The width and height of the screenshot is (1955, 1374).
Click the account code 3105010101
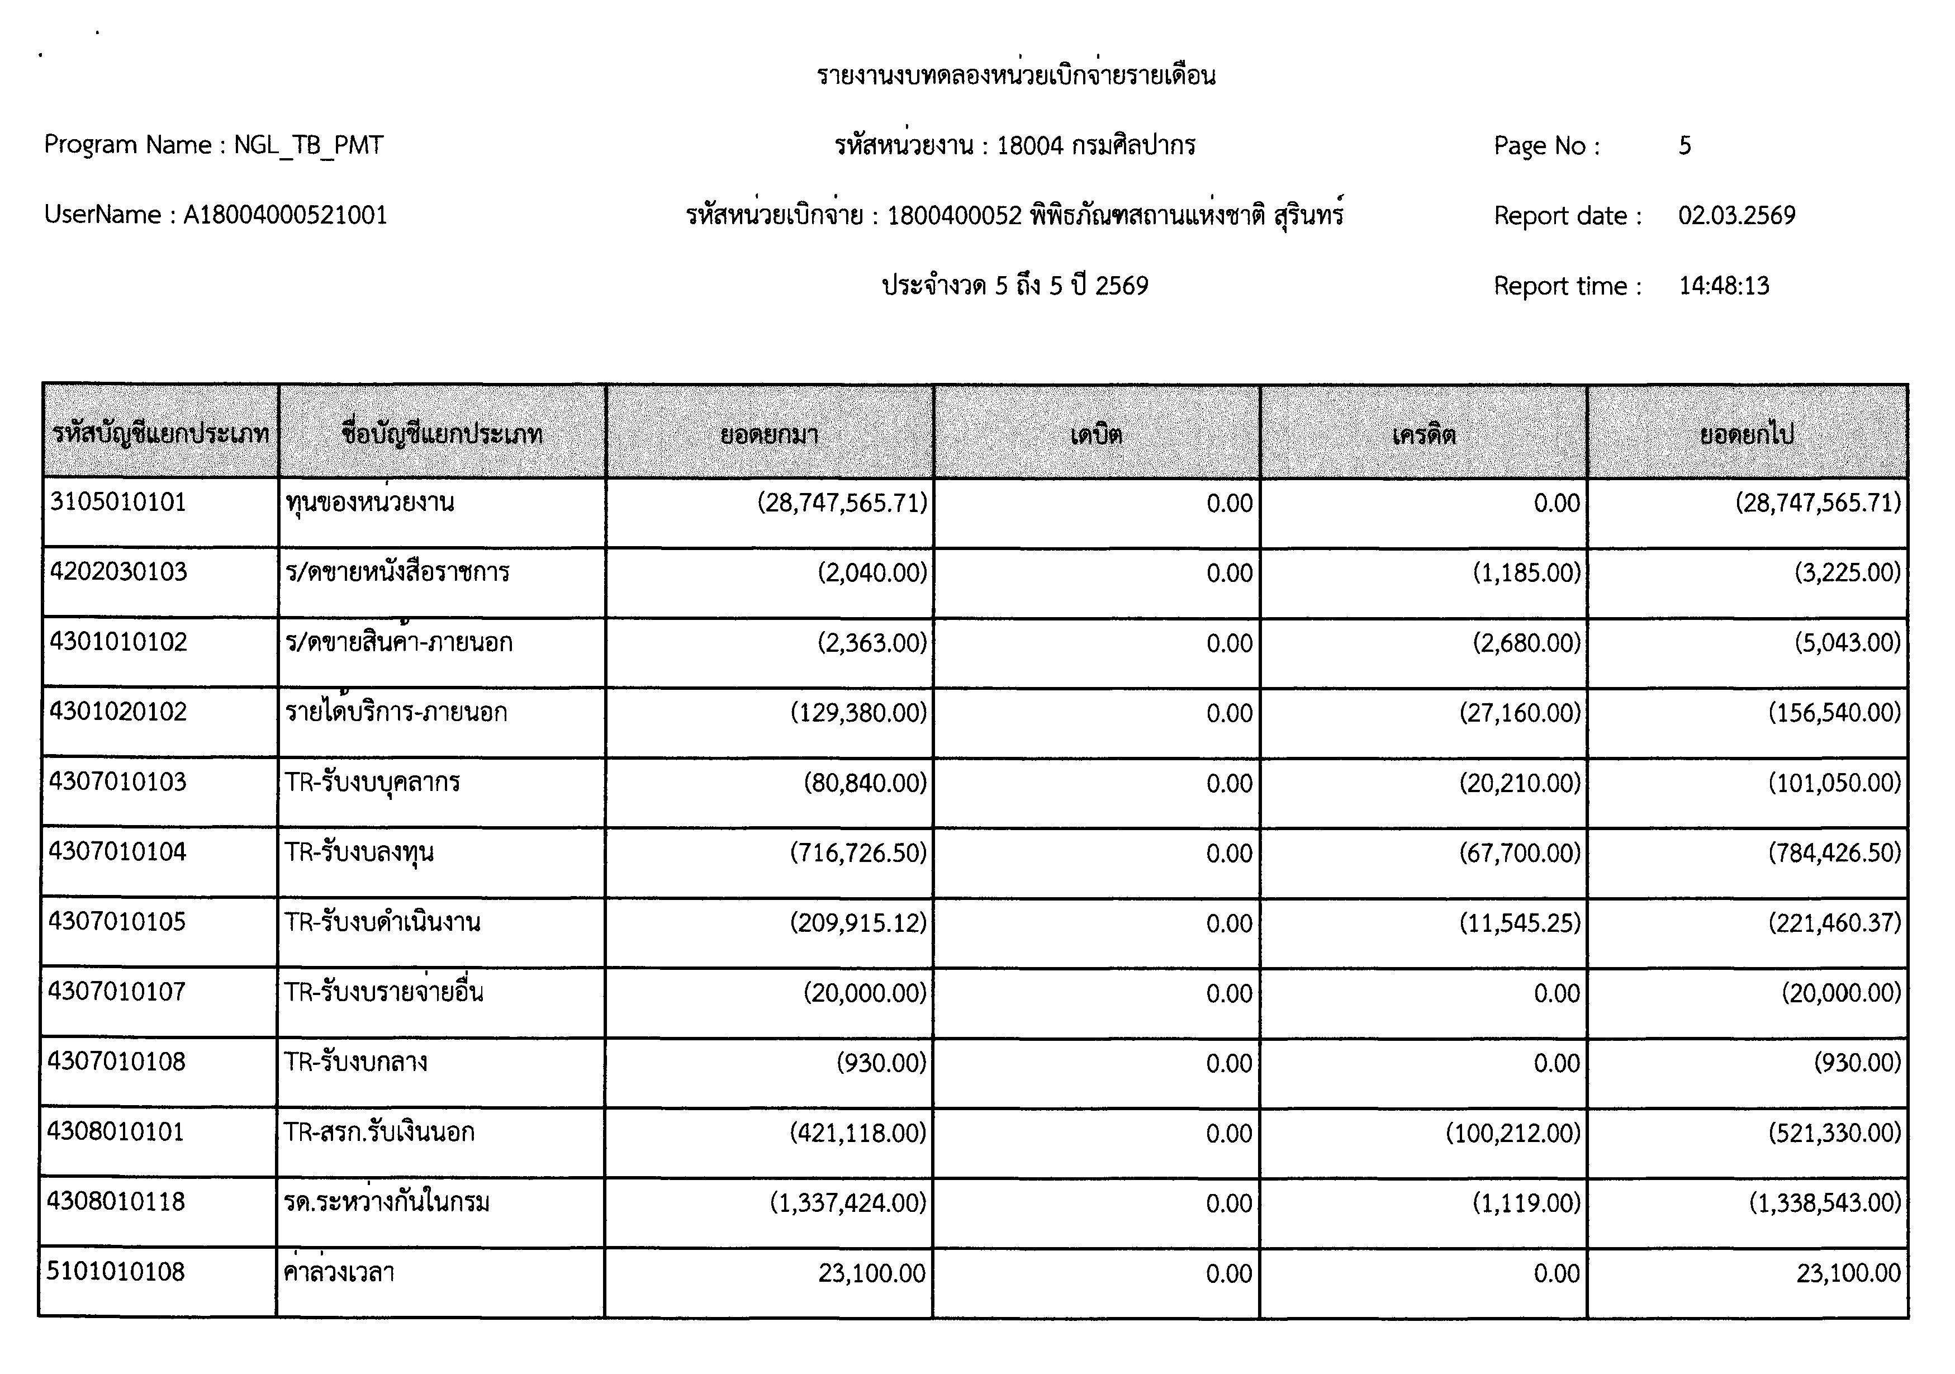pos(118,502)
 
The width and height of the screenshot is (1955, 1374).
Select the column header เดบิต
pos(1096,435)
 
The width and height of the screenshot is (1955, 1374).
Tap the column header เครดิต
pos(1423,435)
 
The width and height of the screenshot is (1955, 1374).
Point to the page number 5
pos(1684,146)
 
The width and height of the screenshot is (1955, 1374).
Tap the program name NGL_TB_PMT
pos(309,146)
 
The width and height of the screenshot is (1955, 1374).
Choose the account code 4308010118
pos(117,1201)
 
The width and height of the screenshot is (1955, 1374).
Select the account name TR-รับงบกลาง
pos(356,1062)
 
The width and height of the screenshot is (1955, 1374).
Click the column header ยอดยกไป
pos(1747,435)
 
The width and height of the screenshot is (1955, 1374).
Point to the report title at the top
pos(1016,76)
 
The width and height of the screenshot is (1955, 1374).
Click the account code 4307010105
pos(117,922)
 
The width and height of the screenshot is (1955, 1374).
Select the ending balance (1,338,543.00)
pos(1825,1203)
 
